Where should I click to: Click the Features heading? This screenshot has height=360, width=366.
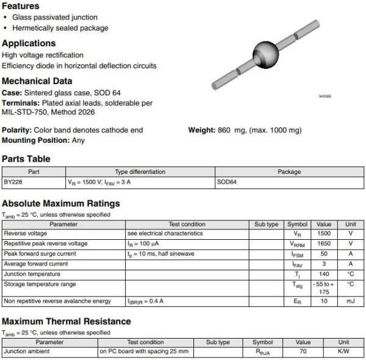pos(21,6)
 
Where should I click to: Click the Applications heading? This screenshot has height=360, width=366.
pos(29,43)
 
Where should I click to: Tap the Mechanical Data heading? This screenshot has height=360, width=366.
pos(37,81)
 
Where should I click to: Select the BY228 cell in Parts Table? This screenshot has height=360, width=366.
pos(13,182)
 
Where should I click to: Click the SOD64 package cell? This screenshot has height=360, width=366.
pos(226,182)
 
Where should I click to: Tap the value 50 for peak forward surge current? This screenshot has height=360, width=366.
pos(324,254)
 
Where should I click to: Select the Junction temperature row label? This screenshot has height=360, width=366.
pos(30,274)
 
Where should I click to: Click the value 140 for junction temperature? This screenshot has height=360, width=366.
pos(324,274)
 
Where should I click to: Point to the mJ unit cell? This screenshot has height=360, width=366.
pos(351,301)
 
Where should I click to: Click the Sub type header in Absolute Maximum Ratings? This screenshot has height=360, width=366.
pos(266,225)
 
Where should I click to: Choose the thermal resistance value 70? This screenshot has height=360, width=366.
pos(303,352)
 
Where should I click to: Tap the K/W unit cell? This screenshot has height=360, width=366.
pos(343,352)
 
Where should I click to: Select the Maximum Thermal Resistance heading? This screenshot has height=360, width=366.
pos(66,322)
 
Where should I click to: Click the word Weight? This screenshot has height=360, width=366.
pos(201,131)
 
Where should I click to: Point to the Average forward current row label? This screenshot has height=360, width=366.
pos(35,264)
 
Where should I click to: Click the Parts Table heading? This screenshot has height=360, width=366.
pos(26,159)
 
